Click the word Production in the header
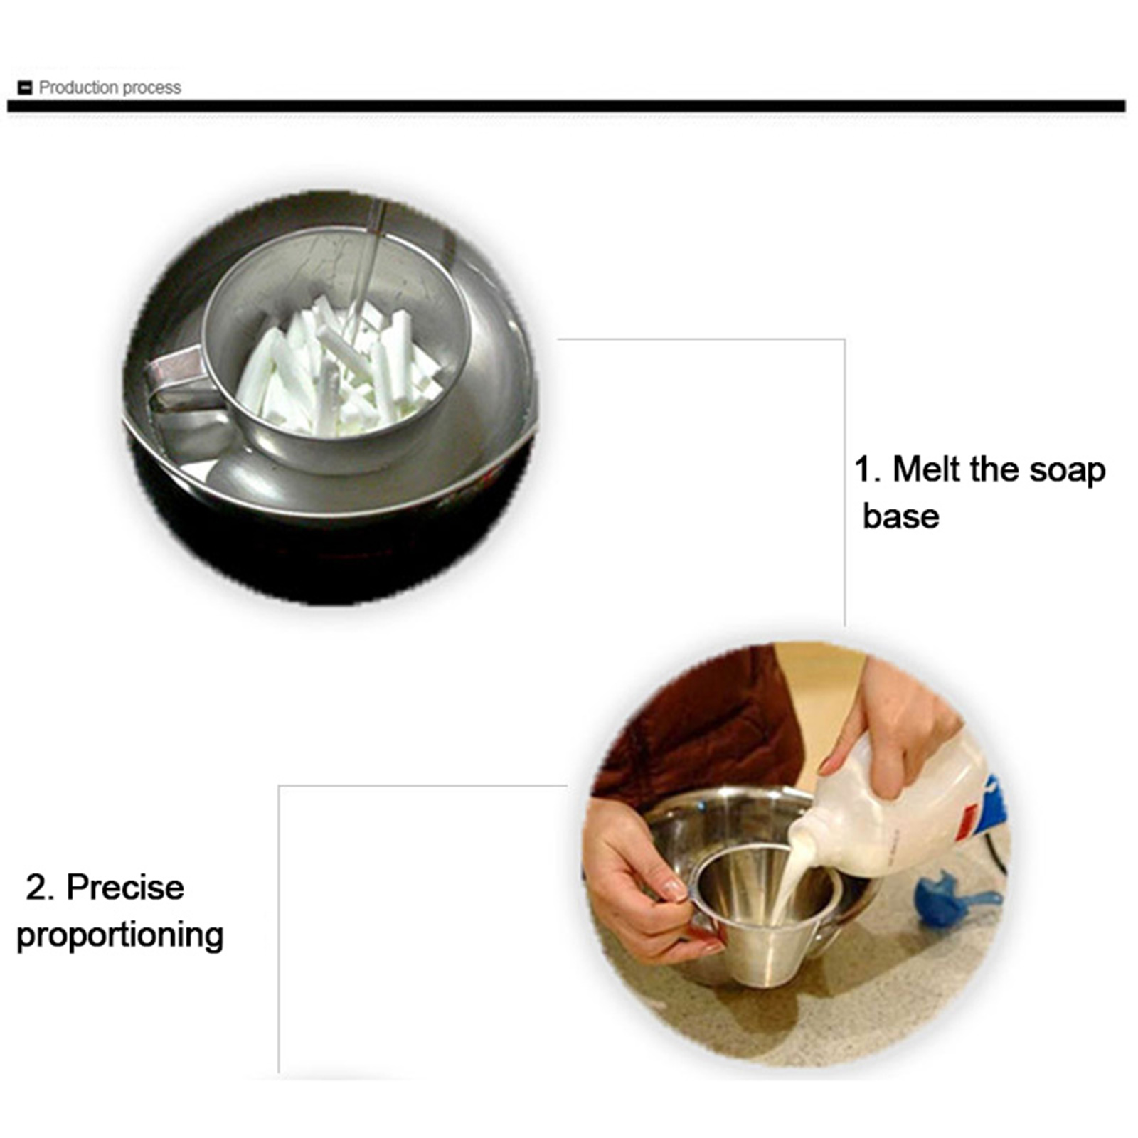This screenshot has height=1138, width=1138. point(79,87)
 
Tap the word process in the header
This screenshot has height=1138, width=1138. point(152,88)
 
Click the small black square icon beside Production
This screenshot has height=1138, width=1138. point(25,88)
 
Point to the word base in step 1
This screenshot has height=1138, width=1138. point(900,516)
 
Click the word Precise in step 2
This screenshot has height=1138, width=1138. point(125,887)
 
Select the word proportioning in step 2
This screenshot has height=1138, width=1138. point(119,936)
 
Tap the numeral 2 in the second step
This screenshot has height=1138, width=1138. point(38,888)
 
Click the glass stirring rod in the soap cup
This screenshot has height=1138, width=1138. point(366,270)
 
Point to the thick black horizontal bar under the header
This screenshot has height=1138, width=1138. point(566,107)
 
